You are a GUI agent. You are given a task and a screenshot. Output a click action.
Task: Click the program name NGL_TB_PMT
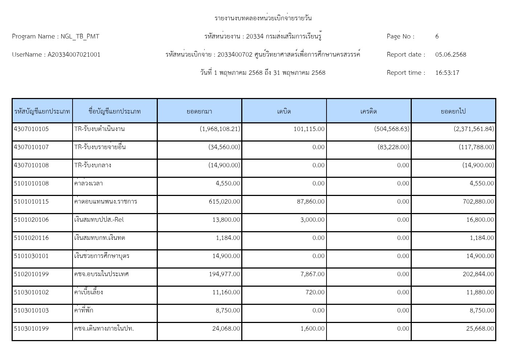[80, 36]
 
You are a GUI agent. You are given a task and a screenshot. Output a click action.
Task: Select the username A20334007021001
[74, 54]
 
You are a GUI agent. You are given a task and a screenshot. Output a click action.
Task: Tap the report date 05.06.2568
[451, 54]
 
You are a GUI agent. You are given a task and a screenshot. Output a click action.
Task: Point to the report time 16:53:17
[447, 73]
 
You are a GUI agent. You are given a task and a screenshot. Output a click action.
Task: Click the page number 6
[437, 36]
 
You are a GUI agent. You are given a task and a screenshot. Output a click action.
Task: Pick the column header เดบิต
[284, 111]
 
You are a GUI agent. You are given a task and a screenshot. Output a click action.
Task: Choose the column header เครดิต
[369, 111]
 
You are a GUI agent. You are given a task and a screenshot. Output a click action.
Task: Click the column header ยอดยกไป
[453, 111]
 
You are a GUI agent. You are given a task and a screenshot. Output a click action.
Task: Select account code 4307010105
[31, 129]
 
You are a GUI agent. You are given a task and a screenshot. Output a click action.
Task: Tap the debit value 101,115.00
[309, 129]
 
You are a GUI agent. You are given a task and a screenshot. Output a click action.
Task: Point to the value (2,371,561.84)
[473, 129]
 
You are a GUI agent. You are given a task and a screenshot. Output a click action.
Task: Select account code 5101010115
[31, 201]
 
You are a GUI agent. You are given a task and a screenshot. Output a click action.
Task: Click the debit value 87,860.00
[311, 201]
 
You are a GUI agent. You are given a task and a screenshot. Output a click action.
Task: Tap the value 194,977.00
[224, 274]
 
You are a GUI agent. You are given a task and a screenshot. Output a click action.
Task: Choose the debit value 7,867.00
[312, 274]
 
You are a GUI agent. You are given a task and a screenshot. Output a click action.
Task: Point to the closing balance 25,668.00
[480, 328]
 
